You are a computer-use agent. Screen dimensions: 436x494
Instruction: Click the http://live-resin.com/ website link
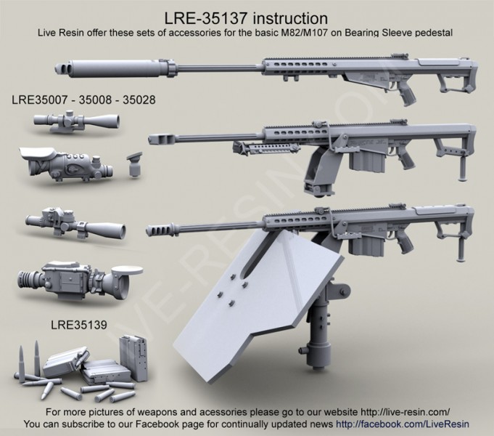(x=388, y=411)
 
